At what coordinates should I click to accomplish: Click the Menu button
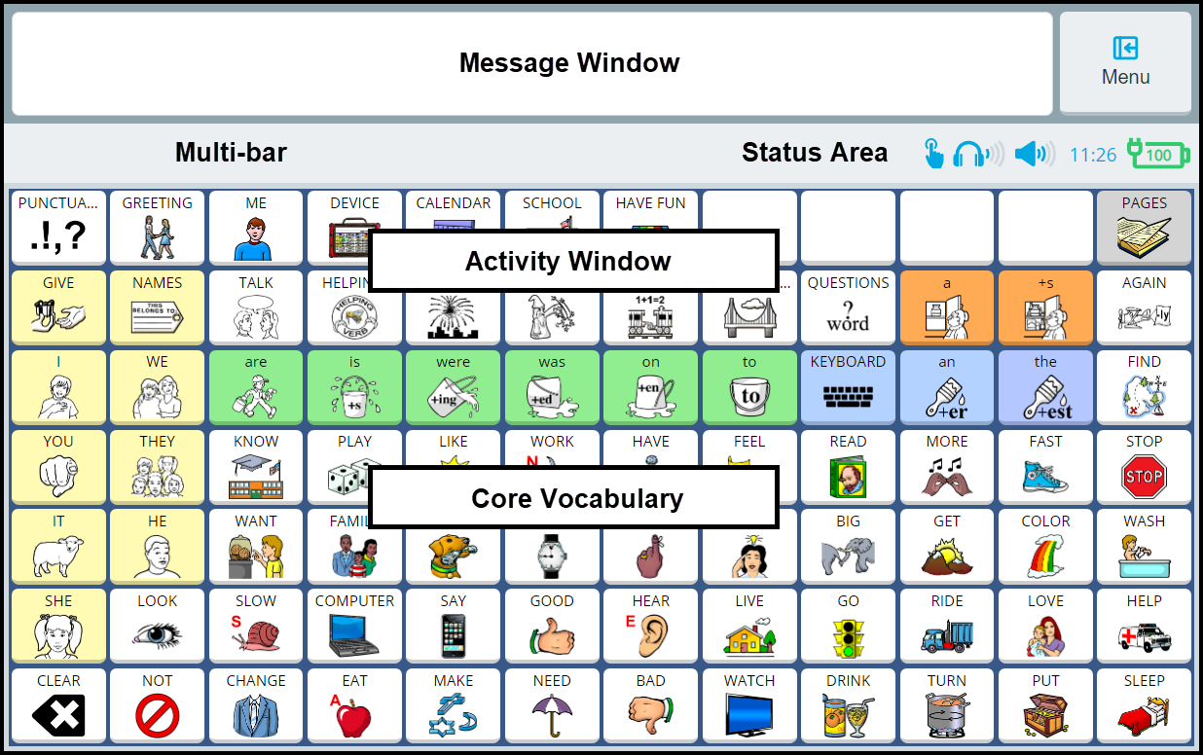coord(1125,62)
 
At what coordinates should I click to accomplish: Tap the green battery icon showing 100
coord(1157,154)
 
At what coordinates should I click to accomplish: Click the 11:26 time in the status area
coord(1092,155)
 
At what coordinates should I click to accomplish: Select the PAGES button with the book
coord(1144,227)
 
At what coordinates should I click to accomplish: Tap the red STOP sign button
coord(1144,466)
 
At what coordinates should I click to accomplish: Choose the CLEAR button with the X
coord(58,705)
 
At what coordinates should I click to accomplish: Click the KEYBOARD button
coord(848,386)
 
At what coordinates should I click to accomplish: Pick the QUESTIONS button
coord(848,306)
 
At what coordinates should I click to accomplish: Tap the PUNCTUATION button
coord(58,227)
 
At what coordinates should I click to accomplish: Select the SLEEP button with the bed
coord(1144,705)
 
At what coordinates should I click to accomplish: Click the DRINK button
coord(848,705)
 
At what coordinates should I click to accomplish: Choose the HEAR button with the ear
coord(650,626)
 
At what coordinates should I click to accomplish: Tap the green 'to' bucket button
coord(749,386)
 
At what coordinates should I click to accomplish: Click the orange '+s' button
coord(1045,306)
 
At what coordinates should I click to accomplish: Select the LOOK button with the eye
coord(157,626)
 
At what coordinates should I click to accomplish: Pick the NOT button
coord(157,705)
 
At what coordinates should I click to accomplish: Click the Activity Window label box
coord(572,261)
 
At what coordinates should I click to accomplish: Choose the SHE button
coord(58,626)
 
